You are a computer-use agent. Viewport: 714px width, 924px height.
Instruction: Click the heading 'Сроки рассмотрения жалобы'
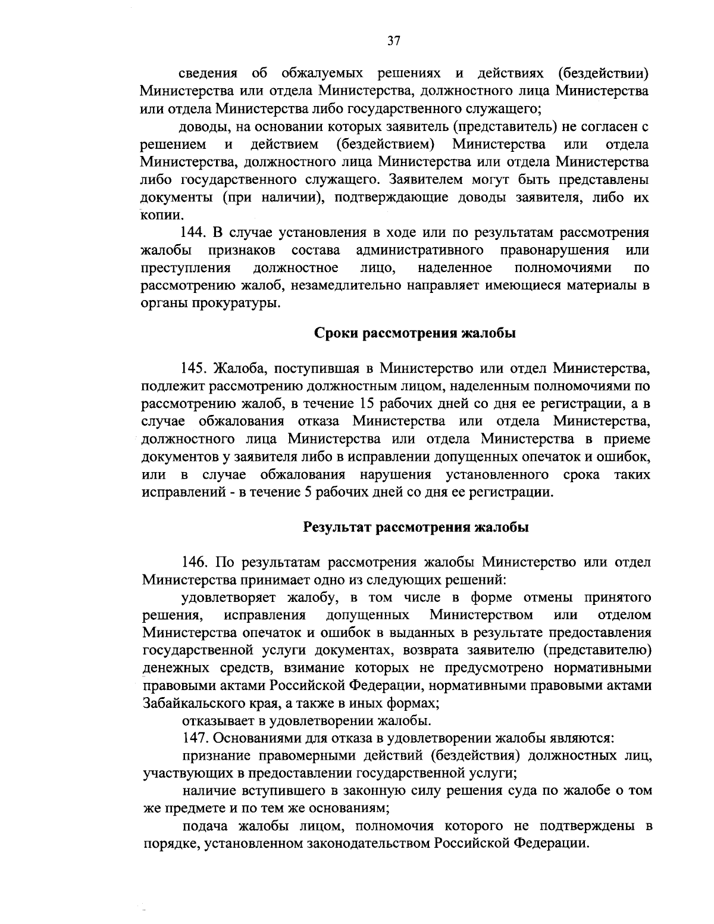(x=414, y=333)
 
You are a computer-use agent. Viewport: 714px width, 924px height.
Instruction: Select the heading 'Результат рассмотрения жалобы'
(x=415, y=527)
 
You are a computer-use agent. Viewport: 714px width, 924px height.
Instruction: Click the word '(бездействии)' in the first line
(x=603, y=73)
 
